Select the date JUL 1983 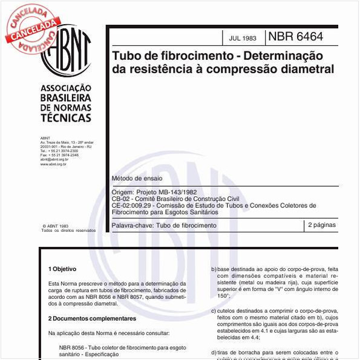coord(243,38)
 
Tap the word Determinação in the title coord(284,56)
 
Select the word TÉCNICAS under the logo coord(65,118)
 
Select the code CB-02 coord(120,198)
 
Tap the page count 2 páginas coord(321,224)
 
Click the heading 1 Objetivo coord(62,268)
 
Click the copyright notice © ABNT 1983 coord(55,225)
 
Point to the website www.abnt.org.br coord(53,164)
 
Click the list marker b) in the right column coord(214,269)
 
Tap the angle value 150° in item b coord(224,296)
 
